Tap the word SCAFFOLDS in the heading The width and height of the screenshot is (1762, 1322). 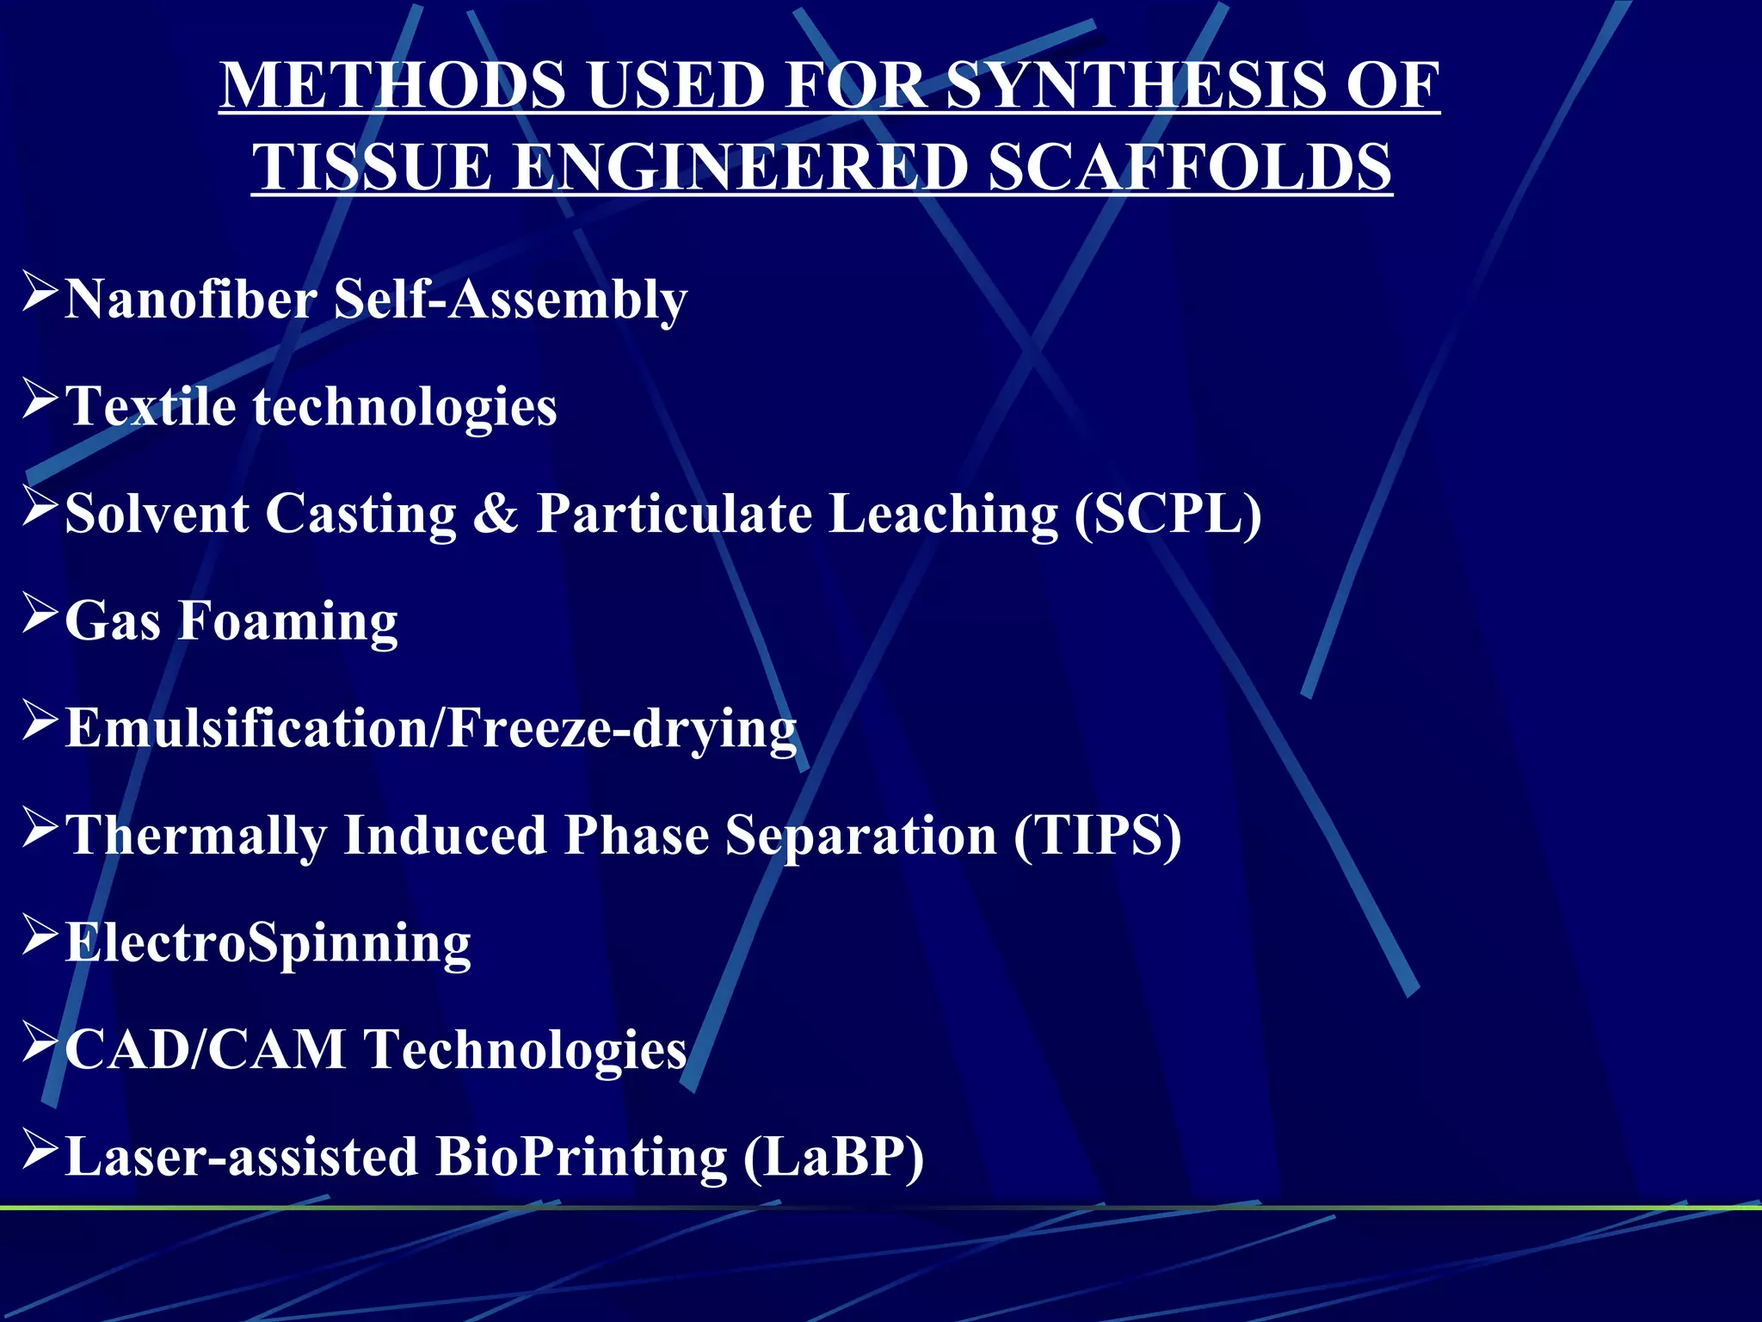pos(1189,167)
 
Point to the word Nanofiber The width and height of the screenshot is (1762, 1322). pos(191,300)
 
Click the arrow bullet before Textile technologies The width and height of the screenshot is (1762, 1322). pos(40,400)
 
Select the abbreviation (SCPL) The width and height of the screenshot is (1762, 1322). pos(1167,515)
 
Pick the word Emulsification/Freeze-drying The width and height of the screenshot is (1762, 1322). pos(431,729)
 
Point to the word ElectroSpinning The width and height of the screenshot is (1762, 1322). pos(268,943)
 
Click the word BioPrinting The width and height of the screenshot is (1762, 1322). pos(581,1157)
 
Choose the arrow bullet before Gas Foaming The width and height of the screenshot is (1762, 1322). pos(40,615)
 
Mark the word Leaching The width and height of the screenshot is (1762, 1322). pos(943,515)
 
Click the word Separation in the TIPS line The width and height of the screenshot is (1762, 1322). pos(860,836)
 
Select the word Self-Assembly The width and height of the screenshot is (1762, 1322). pos(510,300)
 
